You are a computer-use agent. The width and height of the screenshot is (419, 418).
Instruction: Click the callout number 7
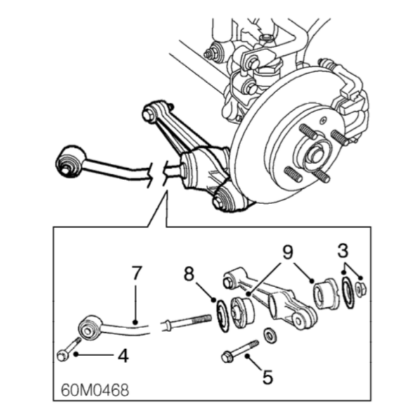(136, 273)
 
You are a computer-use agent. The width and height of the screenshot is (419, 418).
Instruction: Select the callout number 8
(189, 274)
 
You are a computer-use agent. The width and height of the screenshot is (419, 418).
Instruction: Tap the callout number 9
(288, 253)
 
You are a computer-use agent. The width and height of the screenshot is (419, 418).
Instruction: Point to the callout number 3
(343, 251)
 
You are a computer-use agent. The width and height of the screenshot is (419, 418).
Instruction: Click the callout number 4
(123, 356)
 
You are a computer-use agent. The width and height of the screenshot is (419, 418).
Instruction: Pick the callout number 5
(267, 377)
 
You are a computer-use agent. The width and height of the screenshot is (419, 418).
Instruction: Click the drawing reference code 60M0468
(95, 390)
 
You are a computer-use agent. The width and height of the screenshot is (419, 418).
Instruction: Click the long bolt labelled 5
(240, 351)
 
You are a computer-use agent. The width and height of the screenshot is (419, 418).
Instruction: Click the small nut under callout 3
(361, 289)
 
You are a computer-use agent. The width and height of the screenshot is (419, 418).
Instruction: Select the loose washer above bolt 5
(270, 336)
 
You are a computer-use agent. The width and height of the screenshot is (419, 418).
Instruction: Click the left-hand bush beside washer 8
(242, 313)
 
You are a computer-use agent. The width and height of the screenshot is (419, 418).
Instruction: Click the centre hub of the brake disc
(316, 155)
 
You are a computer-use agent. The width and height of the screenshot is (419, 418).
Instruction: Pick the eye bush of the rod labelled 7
(89, 329)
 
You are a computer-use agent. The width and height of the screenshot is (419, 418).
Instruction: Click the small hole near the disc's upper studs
(324, 120)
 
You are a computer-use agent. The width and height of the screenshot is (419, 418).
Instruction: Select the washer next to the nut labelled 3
(348, 293)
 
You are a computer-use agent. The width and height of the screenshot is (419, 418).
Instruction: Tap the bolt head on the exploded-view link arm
(227, 283)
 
